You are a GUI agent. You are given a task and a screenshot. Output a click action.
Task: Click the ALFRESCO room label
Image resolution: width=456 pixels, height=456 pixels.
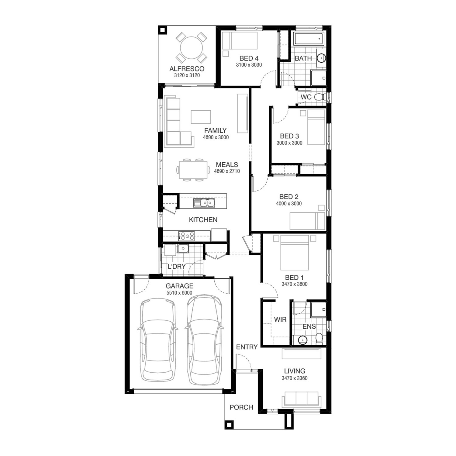[x=187, y=69]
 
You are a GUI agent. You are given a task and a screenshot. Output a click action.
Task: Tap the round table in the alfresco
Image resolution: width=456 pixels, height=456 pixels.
[x=192, y=48]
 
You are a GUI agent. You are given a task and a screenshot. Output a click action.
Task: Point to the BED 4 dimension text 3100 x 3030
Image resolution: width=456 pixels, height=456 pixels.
[x=249, y=65]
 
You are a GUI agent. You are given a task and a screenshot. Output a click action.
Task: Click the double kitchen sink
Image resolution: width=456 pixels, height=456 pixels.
[x=204, y=202]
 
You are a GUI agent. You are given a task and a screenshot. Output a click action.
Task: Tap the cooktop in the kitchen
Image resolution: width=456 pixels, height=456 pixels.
[x=186, y=236]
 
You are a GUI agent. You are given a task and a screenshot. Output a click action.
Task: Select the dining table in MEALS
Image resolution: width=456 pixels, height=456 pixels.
[x=193, y=170]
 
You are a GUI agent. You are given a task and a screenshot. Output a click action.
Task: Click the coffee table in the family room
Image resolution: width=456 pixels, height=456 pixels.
[x=201, y=117]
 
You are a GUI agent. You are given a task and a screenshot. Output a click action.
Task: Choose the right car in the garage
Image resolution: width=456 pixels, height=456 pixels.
[x=204, y=339]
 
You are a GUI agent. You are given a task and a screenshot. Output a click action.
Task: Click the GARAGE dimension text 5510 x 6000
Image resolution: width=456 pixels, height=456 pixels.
[x=179, y=293]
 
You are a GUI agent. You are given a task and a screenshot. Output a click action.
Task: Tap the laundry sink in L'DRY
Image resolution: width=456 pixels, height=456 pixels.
[x=183, y=248]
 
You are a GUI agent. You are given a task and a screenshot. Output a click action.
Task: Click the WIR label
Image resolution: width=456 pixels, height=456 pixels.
[x=280, y=319]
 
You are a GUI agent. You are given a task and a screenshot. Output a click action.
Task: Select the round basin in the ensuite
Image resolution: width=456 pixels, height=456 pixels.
[x=303, y=340]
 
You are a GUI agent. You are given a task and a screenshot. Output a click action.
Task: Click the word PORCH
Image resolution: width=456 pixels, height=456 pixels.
[x=241, y=407]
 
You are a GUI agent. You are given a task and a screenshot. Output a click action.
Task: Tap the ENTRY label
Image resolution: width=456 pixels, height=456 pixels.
[x=247, y=347]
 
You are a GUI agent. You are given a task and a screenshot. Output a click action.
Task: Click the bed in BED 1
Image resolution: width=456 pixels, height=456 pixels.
[x=295, y=252]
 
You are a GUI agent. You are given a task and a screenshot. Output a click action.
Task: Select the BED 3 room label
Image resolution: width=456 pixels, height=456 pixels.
[x=289, y=136]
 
